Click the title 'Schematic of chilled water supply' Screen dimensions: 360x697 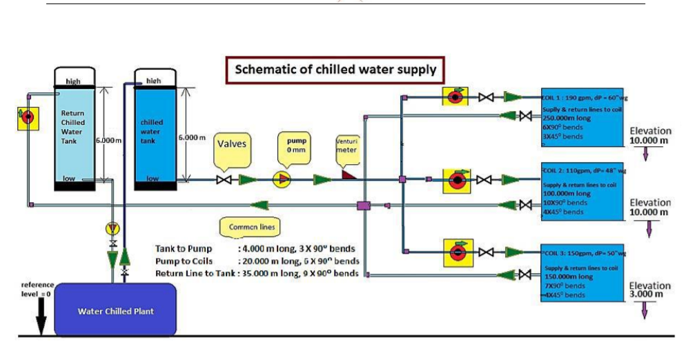coord(335,69)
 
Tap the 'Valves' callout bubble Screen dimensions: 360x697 coord(233,145)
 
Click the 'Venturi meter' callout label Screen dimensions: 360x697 coord(345,146)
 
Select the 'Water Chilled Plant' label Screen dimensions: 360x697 coord(115,311)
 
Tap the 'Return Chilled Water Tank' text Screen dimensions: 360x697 coord(73,127)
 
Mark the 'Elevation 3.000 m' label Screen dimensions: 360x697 coord(649,290)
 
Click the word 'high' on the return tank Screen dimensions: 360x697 coord(73,81)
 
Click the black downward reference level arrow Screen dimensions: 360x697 coord(41,319)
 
